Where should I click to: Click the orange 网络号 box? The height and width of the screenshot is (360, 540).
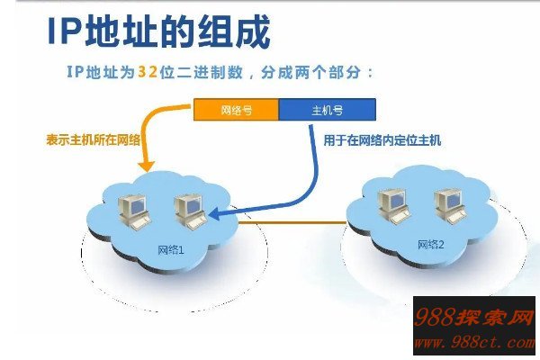236,111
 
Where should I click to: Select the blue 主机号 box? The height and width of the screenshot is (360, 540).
327,111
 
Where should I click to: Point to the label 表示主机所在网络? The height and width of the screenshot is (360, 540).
94,140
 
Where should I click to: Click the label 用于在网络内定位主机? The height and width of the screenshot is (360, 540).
382,140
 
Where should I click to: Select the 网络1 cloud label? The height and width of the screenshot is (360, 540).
170,249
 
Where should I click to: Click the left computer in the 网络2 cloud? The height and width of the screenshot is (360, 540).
391,203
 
